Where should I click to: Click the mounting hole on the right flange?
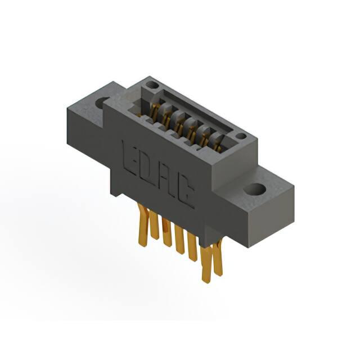click(x=254, y=189)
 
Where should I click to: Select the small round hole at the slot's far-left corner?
click(x=151, y=85)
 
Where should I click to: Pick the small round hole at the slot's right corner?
click(x=241, y=136)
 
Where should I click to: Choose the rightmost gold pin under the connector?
click(x=218, y=257)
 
